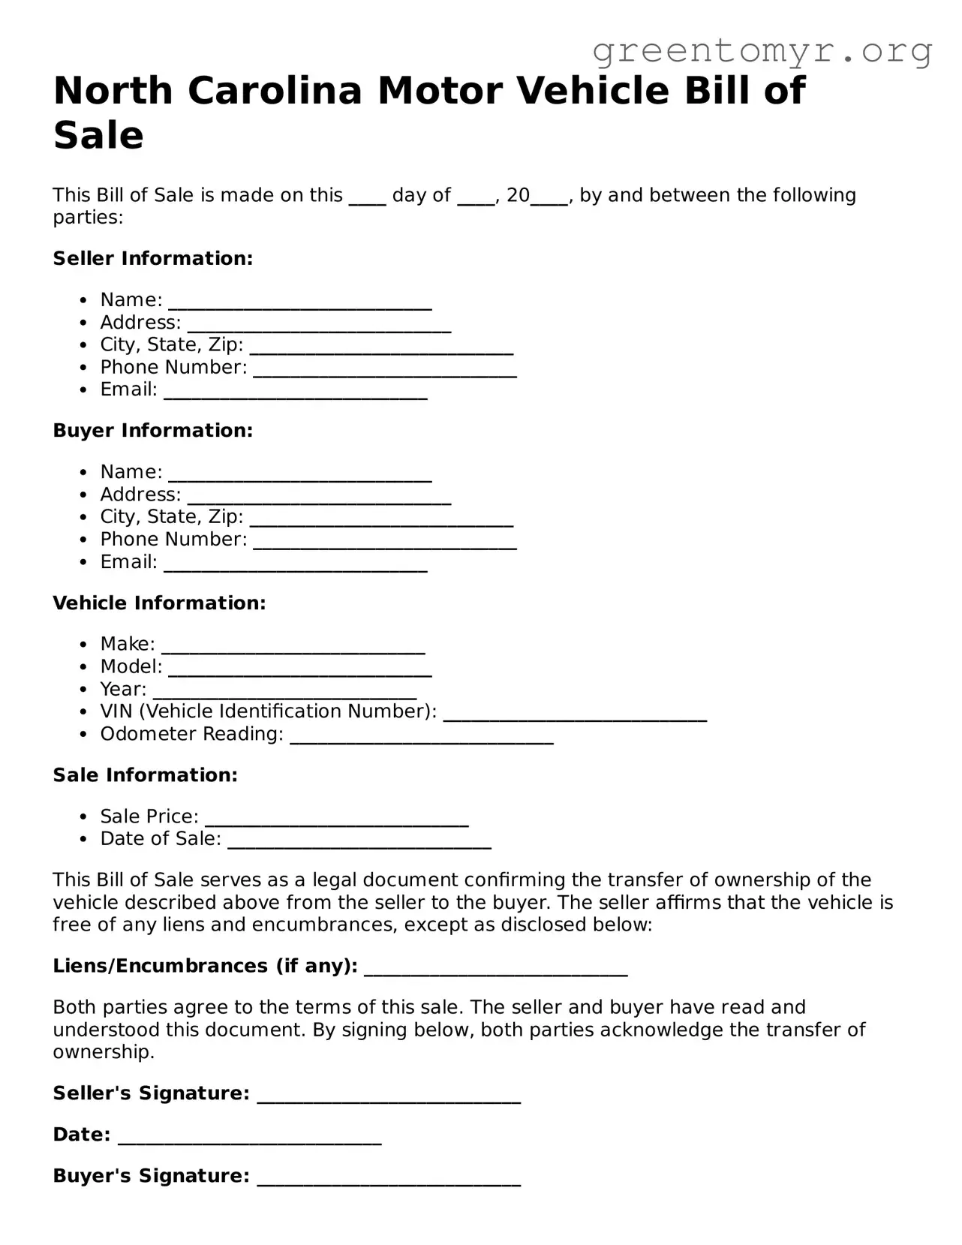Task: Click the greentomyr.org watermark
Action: point(762,51)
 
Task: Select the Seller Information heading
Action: point(153,259)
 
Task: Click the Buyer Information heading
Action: point(153,431)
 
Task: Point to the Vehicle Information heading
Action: point(159,603)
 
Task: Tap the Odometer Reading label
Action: point(191,734)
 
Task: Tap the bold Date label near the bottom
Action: point(82,1135)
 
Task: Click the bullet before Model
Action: point(84,667)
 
